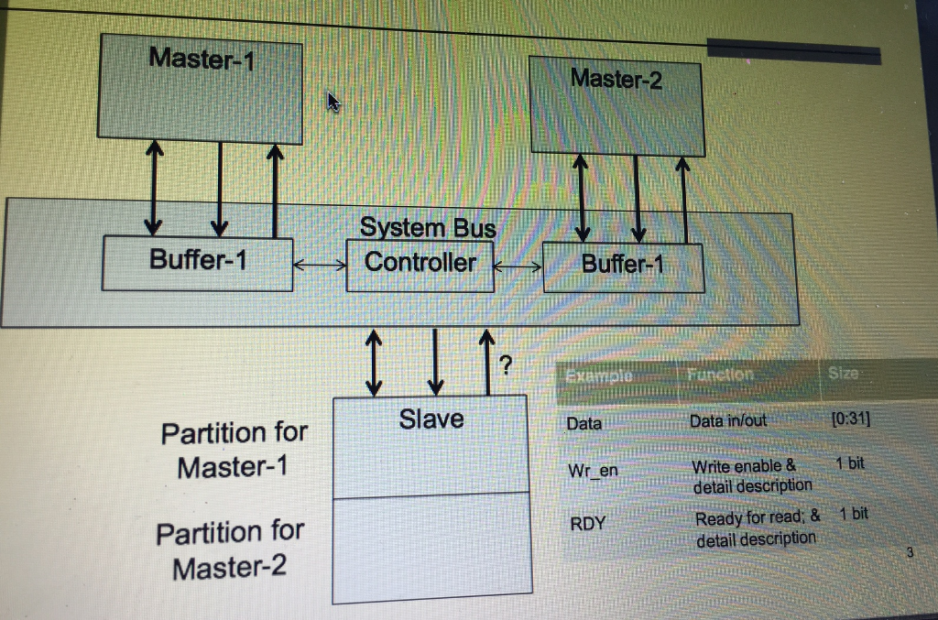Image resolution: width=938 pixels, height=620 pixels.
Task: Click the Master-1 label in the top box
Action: click(x=202, y=60)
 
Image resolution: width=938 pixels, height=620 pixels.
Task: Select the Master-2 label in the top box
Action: click(x=616, y=79)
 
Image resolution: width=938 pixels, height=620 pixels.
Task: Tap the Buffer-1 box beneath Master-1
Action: click(x=198, y=262)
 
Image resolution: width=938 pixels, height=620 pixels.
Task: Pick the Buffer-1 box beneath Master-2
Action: click(x=623, y=266)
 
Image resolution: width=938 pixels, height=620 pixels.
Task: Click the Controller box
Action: click(x=420, y=264)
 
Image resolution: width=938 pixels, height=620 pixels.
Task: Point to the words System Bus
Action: click(x=427, y=227)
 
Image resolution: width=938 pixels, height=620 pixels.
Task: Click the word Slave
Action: click(x=431, y=419)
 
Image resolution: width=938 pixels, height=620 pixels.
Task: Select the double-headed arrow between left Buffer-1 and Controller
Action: click(x=320, y=266)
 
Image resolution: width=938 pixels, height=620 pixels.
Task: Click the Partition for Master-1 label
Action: click(x=234, y=449)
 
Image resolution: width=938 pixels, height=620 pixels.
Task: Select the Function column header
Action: click(x=719, y=375)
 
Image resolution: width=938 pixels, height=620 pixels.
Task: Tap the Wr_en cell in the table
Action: click(x=593, y=471)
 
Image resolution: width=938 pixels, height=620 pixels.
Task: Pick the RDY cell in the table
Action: click(x=587, y=524)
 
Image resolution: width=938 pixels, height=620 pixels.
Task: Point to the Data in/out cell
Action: click(x=728, y=420)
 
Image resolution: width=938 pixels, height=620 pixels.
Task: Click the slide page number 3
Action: click(x=910, y=552)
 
